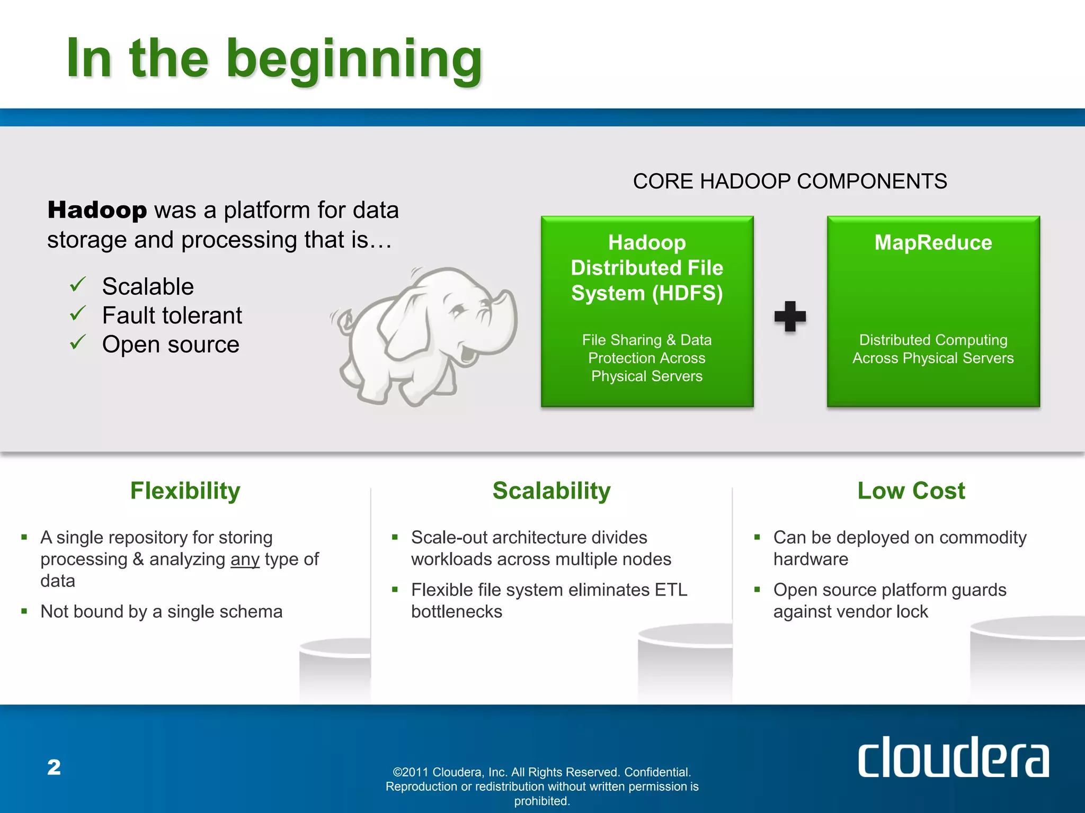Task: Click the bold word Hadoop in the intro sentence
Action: (x=97, y=210)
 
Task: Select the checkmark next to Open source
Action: (x=77, y=342)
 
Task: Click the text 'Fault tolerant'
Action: (x=172, y=315)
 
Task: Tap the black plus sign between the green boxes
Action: (x=790, y=317)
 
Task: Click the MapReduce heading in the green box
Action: (x=933, y=242)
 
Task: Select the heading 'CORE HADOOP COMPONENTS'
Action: (x=789, y=182)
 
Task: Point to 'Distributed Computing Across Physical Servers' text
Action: (x=933, y=349)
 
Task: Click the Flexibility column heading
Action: (x=185, y=491)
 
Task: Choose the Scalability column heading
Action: (x=552, y=491)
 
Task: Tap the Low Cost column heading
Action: (x=911, y=491)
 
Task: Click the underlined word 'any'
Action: (x=245, y=559)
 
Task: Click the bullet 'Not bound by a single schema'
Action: (x=162, y=611)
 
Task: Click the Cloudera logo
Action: (x=953, y=757)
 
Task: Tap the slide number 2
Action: (x=54, y=767)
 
